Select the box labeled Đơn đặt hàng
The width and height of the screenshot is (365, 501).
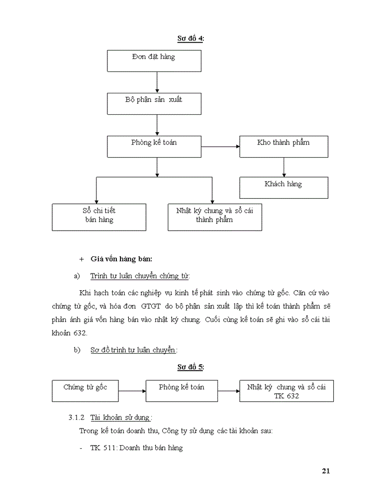pos(154,61)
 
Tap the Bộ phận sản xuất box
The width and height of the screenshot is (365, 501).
pos(154,103)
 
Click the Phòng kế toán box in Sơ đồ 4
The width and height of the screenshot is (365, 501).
pos(154,146)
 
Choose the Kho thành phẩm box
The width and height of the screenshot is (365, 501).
pos(284,146)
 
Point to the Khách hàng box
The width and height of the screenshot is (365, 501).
pos(284,187)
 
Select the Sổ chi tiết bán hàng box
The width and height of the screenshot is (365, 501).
pos(99,217)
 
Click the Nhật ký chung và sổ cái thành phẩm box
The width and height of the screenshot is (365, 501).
pos(214,217)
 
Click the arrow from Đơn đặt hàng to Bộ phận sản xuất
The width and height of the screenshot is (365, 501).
pos(157,82)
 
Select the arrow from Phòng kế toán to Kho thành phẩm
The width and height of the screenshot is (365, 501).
pos(220,146)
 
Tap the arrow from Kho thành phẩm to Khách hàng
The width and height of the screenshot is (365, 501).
pos(284,166)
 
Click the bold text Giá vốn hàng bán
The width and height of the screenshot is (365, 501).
pos(121,258)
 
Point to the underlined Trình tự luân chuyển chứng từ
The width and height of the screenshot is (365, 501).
pos(140,276)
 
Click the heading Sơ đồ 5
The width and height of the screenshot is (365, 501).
pos(190,367)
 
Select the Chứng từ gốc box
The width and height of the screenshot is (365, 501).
pos(86,391)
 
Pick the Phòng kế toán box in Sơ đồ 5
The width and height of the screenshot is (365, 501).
pos(181,391)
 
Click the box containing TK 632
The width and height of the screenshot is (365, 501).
pos(286,391)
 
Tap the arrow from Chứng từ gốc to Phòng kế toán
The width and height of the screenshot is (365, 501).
pos(131,391)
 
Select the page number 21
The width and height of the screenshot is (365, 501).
pos(326,471)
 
